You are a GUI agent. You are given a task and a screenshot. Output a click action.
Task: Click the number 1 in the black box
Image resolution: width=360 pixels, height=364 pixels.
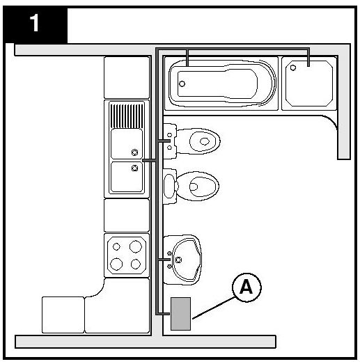[34, 23]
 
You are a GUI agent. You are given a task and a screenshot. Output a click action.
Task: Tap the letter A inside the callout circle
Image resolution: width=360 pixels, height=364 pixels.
[246, 287]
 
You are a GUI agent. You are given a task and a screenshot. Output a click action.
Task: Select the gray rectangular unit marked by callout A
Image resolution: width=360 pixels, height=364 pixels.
[181, 314]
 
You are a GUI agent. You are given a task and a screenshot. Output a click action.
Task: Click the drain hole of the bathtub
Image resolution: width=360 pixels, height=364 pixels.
[182, 84]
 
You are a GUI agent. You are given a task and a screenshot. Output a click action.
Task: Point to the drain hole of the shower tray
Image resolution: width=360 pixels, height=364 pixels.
[293, 68]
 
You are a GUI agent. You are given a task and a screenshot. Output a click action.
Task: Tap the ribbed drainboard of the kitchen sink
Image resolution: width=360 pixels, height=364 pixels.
[127, 116]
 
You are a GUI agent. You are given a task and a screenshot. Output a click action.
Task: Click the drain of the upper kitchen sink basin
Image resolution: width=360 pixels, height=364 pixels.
[134, 152]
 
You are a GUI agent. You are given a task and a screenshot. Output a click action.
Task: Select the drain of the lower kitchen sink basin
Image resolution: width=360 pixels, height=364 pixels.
[134, 168]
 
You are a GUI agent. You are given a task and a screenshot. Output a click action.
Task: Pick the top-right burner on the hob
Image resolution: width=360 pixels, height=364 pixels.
[136, 246]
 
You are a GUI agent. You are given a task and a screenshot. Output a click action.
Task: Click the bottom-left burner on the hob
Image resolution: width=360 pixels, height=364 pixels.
[116, 264]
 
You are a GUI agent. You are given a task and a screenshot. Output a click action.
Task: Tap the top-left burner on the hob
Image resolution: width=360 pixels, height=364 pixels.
[116, 246]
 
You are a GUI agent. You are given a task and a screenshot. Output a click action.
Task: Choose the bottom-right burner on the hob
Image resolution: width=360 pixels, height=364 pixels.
[136, 264]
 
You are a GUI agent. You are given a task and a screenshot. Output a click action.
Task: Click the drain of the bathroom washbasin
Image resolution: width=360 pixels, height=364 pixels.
[178, 260]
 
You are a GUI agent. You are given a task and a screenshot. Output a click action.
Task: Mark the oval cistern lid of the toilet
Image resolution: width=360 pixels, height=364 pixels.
[169, 186]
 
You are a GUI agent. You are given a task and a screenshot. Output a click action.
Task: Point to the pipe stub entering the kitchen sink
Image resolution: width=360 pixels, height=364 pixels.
[149, 160]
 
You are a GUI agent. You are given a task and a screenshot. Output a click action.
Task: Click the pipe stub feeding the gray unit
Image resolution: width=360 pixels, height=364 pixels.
[164, 314]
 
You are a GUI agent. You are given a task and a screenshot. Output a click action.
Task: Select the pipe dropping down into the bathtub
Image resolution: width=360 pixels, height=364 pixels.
[187, 58]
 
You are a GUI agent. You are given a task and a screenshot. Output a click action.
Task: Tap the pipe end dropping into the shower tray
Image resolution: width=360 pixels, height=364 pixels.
[308, 58]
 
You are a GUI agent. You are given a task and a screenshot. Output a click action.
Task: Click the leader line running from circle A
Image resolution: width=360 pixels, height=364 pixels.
[214, 308]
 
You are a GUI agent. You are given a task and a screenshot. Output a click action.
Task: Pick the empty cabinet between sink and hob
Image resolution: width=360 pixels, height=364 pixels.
[127, 216]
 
